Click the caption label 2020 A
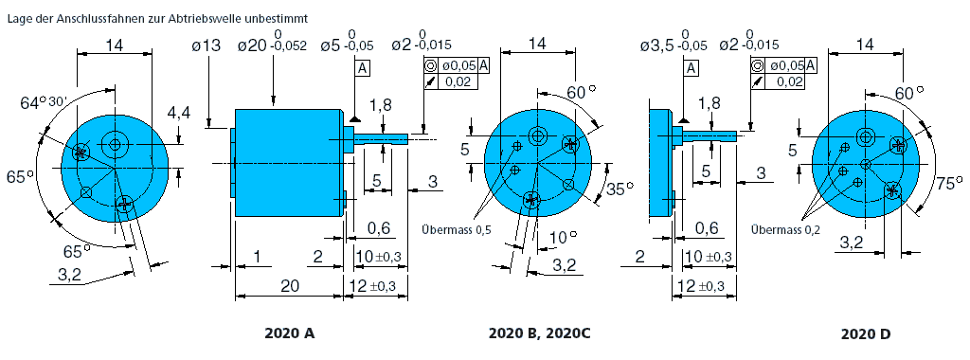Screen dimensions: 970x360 click(290, 333)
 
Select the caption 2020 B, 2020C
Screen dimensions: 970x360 click(539, 333)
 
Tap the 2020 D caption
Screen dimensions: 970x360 click(866, 334)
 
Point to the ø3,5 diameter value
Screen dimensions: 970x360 click(657, 45)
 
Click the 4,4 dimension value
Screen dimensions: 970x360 click(179, 113)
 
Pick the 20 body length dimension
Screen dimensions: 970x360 click(290, 286)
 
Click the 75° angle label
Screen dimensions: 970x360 click(949, 184)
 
